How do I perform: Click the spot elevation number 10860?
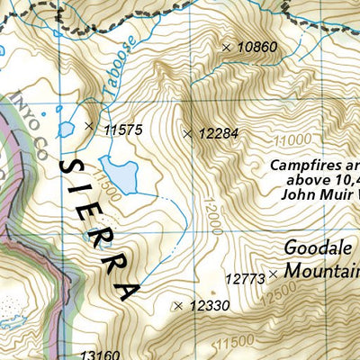point(257,47)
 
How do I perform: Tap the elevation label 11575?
point(123,130)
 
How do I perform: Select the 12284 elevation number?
point(219,134)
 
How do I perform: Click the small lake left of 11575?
point(66,130)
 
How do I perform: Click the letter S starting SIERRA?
point(64,166)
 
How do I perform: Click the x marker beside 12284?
point(187,134)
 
